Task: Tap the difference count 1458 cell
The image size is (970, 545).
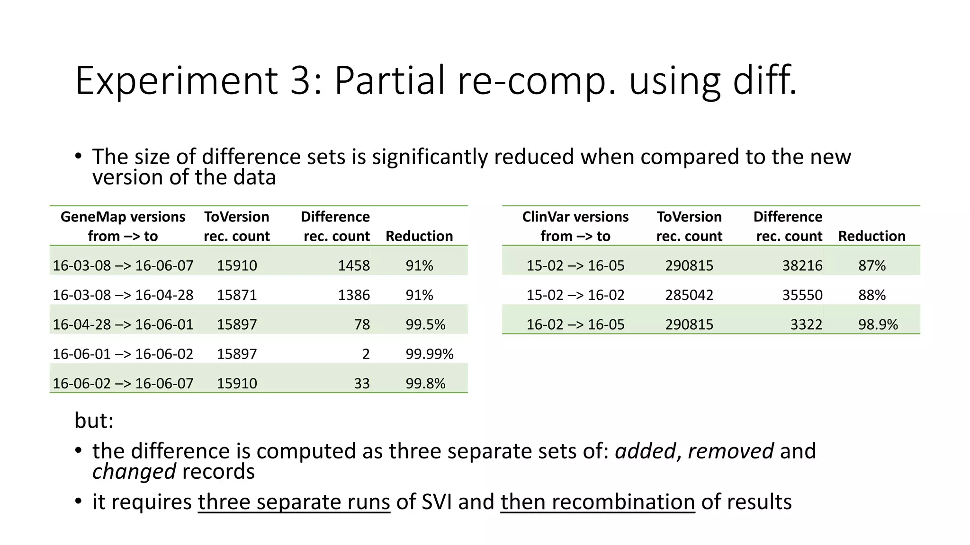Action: pos(353,265)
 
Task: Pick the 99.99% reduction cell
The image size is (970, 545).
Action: pos(429,354)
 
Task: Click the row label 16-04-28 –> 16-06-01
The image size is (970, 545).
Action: pos(123,325)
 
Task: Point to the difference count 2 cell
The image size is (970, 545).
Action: pos(366,354)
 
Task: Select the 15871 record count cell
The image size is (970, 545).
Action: pos(237,295)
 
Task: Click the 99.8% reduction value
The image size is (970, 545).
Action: pos(425,383)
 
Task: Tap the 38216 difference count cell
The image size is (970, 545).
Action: pos(802,265)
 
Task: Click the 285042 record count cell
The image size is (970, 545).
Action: pos(689,295)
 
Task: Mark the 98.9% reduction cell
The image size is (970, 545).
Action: pos(878,325)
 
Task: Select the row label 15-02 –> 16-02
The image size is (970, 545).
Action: pos(575,295)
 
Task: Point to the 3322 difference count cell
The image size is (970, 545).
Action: pos(806,325)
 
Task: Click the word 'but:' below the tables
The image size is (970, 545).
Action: pos(94,420)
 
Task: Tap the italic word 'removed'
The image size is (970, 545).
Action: pos(730,450)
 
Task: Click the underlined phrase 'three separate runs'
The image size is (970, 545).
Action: pos(294,501)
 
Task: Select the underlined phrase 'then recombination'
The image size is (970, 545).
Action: pos(597,501)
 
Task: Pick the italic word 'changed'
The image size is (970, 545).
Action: pos(134,471)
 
